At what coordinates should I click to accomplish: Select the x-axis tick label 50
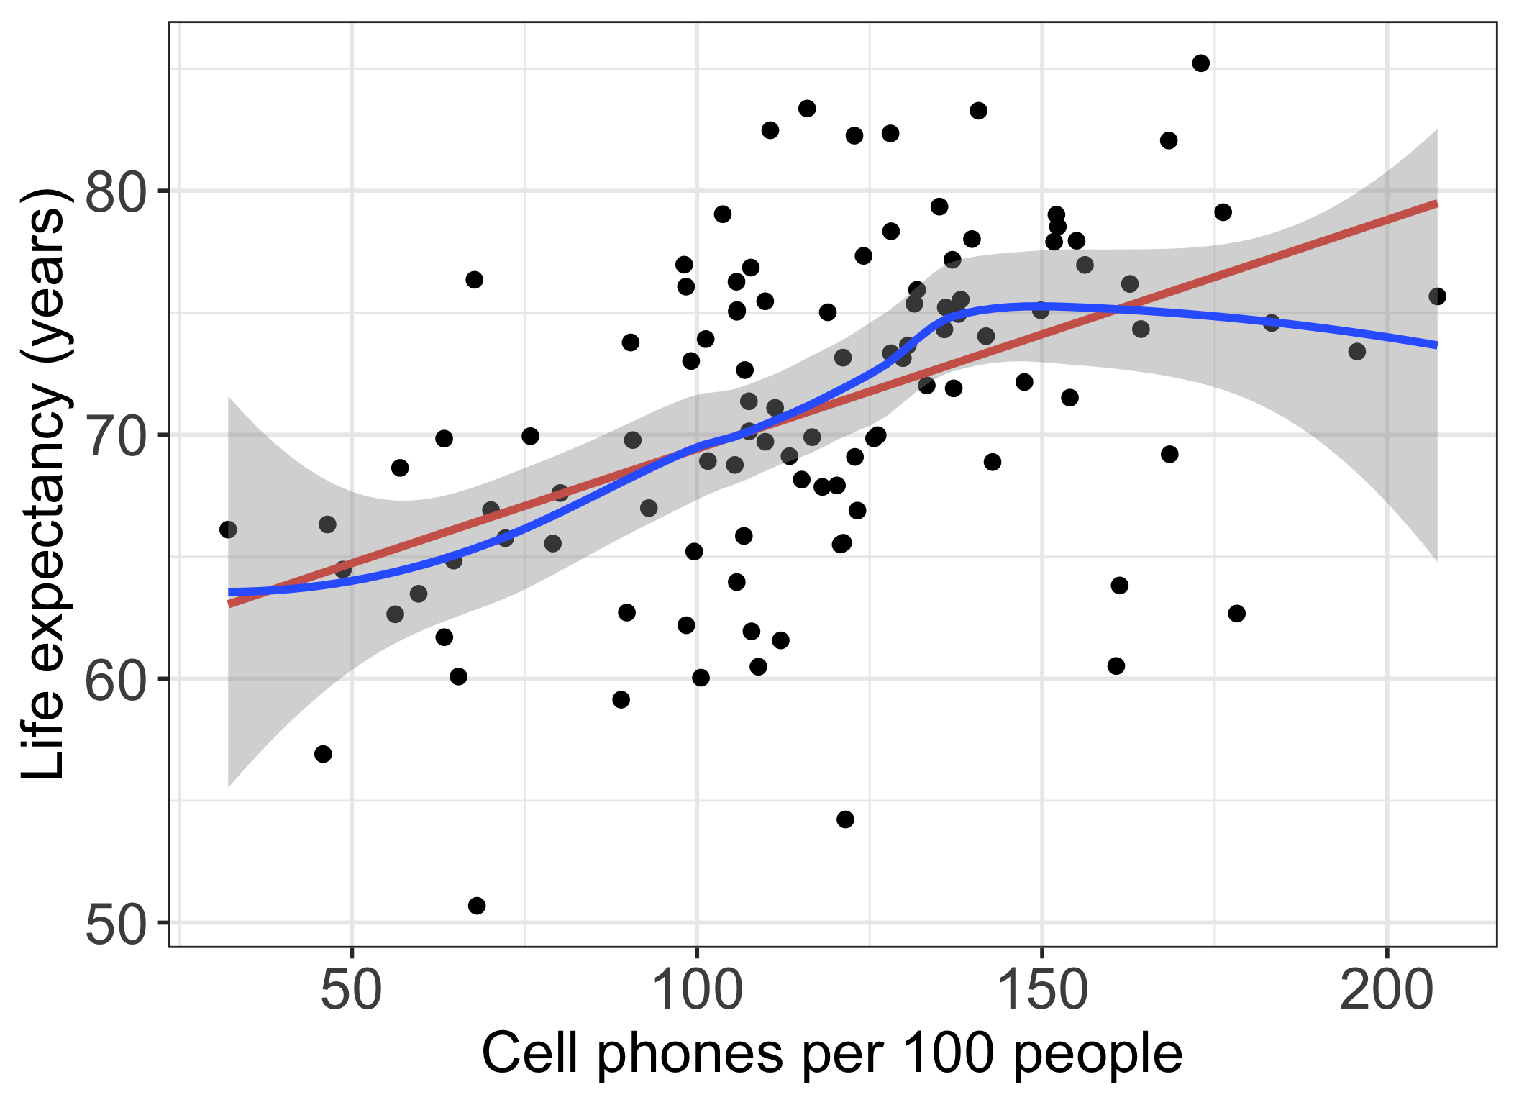pyautogui.click(x=351, y=991)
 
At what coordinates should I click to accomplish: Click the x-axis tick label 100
pyautogui.click(x=696, y=991)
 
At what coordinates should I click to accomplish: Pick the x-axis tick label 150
pyautogui.click(x=1041, y=991)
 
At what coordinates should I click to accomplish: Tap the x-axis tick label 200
pyautogui.click(x=1386, y=991)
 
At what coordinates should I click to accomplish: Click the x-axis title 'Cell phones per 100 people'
pyautogui.click(x=831, y=1054)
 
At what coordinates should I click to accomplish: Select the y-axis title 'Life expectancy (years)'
pyautogui.click(x=45, y=483)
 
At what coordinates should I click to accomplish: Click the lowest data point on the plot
pyautogui.click(x=477, y=905)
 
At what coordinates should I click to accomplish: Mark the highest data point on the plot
pyautogui.click(x=1200, y=63)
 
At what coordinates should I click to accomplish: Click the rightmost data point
pyautogui.click(x=1437, y=296)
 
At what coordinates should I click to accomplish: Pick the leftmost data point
pyautogui.click(x=228, y=529)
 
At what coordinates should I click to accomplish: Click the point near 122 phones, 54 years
pyautogui.click(x=845, y=819)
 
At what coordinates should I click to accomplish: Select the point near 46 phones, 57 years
pyautogui.click(x=323, y=754)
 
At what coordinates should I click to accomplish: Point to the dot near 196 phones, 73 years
pyautogui.click(x=1356, y=352)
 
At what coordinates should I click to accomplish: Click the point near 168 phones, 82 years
pyautogui.click(x=1169, y=140)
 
